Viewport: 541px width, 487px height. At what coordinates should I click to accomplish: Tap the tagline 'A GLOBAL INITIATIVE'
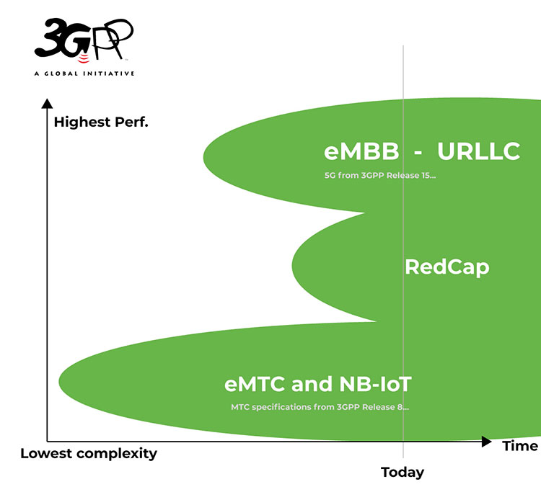click(x=84, y=73)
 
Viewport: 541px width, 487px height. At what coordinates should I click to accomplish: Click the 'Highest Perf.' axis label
click(x=101, y=122)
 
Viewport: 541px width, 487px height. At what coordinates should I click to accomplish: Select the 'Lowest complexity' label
click(x=88, y=454)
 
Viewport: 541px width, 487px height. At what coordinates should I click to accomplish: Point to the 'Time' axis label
click(x=520, y=446)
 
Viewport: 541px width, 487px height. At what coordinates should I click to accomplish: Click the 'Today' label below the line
click(x=403, y=473)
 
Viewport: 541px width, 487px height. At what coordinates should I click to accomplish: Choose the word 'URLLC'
click(x=478, y=153)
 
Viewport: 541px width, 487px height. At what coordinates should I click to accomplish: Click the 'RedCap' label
click(x=447, y=267)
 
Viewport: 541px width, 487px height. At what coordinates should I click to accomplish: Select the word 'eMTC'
click(x=256, y=383)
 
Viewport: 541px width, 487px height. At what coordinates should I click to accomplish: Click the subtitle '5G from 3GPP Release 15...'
click(x=380, y=175)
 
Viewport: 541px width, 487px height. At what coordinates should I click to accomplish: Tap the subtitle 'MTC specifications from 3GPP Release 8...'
click(x=320, y=407)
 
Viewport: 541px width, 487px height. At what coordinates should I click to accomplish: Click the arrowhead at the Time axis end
click(x=486, y=441)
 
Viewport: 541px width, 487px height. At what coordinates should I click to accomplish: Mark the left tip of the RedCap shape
click(x=294, y=267)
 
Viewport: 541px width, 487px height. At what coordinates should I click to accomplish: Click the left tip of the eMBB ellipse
click(x=205, y=155)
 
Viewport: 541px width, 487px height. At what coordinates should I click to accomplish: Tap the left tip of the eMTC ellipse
click(x=60, y=380)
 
